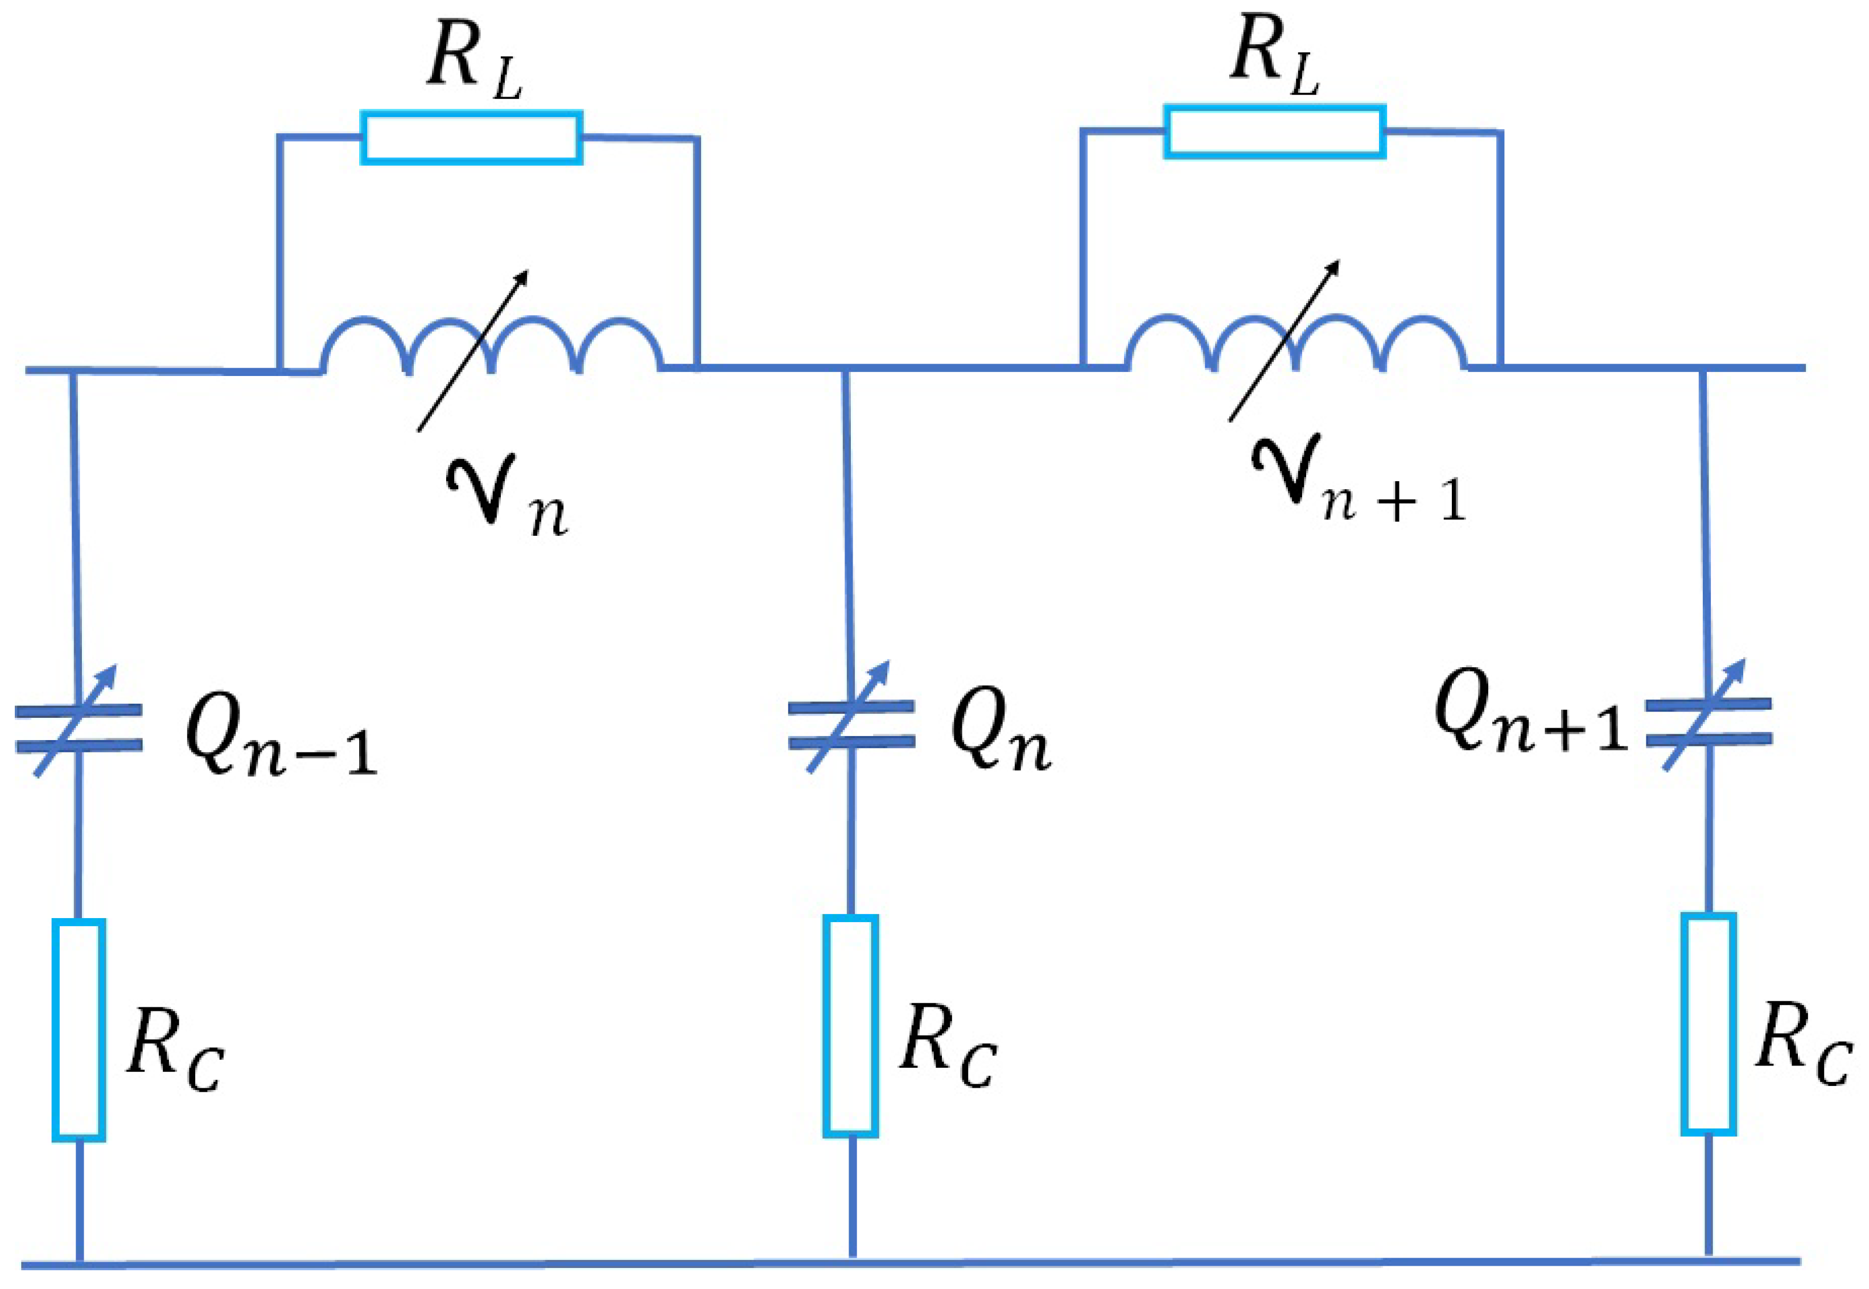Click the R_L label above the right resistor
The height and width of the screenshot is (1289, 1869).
coord(1274,58)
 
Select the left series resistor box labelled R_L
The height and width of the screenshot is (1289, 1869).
coord(472,137)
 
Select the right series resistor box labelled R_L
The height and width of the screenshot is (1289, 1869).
coord(1274,131)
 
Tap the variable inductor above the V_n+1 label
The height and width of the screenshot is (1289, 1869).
coord(1295,342)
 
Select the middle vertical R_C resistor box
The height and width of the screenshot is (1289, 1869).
coord(851,1026)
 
